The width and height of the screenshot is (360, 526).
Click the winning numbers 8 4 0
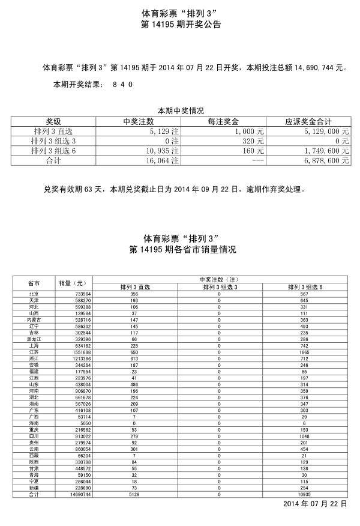pyautogui.click(x=122, y=85)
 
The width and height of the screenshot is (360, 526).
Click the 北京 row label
pyautogui.click(x=34, y=294)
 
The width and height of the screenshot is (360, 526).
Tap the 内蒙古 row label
pyautogui.click(x=34, y=320)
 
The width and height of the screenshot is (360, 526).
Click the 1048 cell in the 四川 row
pyautogui.click(x=305, y=436)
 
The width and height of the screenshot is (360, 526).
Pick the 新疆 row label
pyautogui.click(x=34, y=488)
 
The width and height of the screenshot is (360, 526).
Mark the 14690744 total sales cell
pyautogui.click(x=76, y=494)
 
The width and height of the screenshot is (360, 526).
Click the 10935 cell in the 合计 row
pyautogui.click(x=305, y=494)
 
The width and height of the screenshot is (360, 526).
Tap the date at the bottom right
pyautogui.click(x=315, y=503)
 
